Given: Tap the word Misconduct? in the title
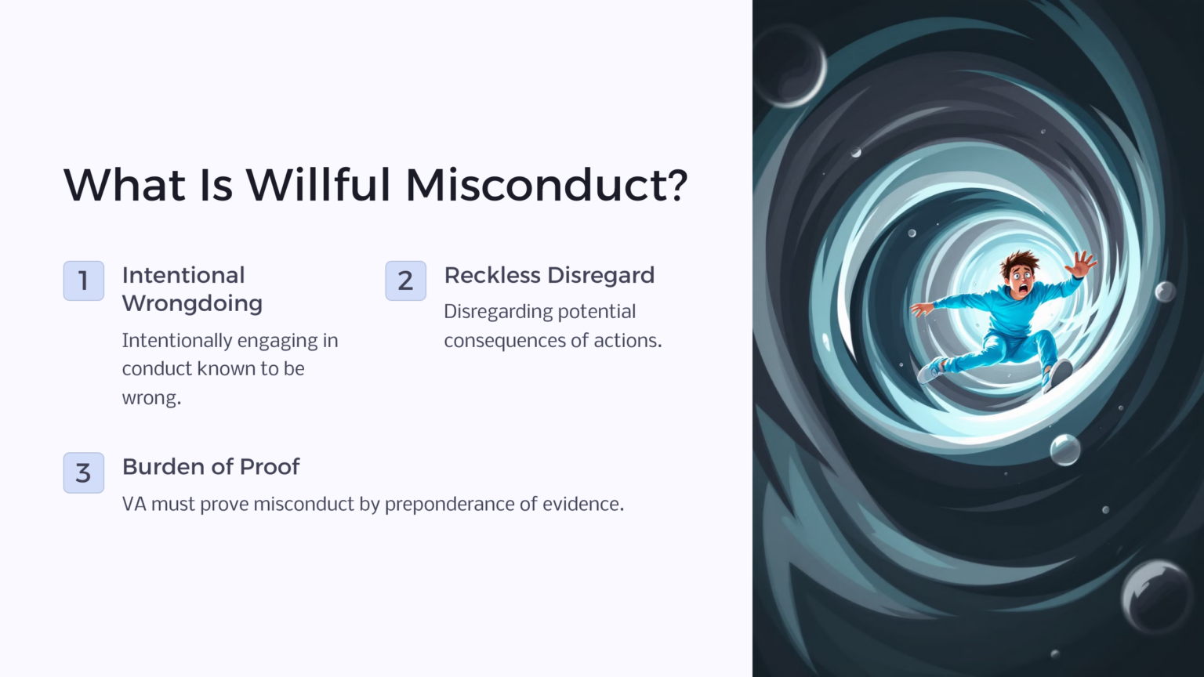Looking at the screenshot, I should pyautogui.click(x=546, y=185).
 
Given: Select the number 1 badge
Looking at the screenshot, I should pyautogui.click(x=84, y=281).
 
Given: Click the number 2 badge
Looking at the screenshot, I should pyautogui.click(x=405, y=281).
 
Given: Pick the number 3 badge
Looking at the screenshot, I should pyautogui.click(x=84, y=472).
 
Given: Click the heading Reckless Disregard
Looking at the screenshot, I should pyautogui.click(x=549, y=275).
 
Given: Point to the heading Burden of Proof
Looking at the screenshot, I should pyautogui.click(x=211, y=466).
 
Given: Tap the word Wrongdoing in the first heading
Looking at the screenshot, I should pyautogui.click(x=192, y=303).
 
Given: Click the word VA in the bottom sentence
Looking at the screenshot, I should pyautogui.click(x=134, y=504).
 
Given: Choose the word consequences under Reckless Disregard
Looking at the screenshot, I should pyautogui.click(x=499, y=340).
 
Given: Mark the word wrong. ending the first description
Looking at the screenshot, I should pyautogui.click(x=151, y=397).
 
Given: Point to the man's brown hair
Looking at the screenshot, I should pyautogui.click(x=1017, y=261).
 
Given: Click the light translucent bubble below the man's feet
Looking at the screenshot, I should pyautogui.click(x=1064, y=450).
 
